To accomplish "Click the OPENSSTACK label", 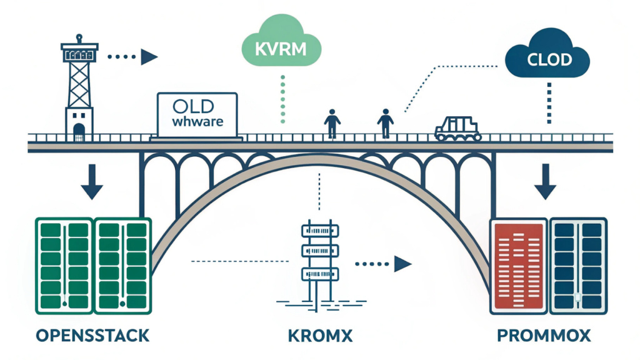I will (93, 336).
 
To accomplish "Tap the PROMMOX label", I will (543, 336).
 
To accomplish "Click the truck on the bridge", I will (458, 127).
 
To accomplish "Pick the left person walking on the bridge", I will (332, 123).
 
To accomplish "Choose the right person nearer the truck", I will (385, 123).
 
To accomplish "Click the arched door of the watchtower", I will (79, 131).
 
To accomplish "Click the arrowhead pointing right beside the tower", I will (149, 57).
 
